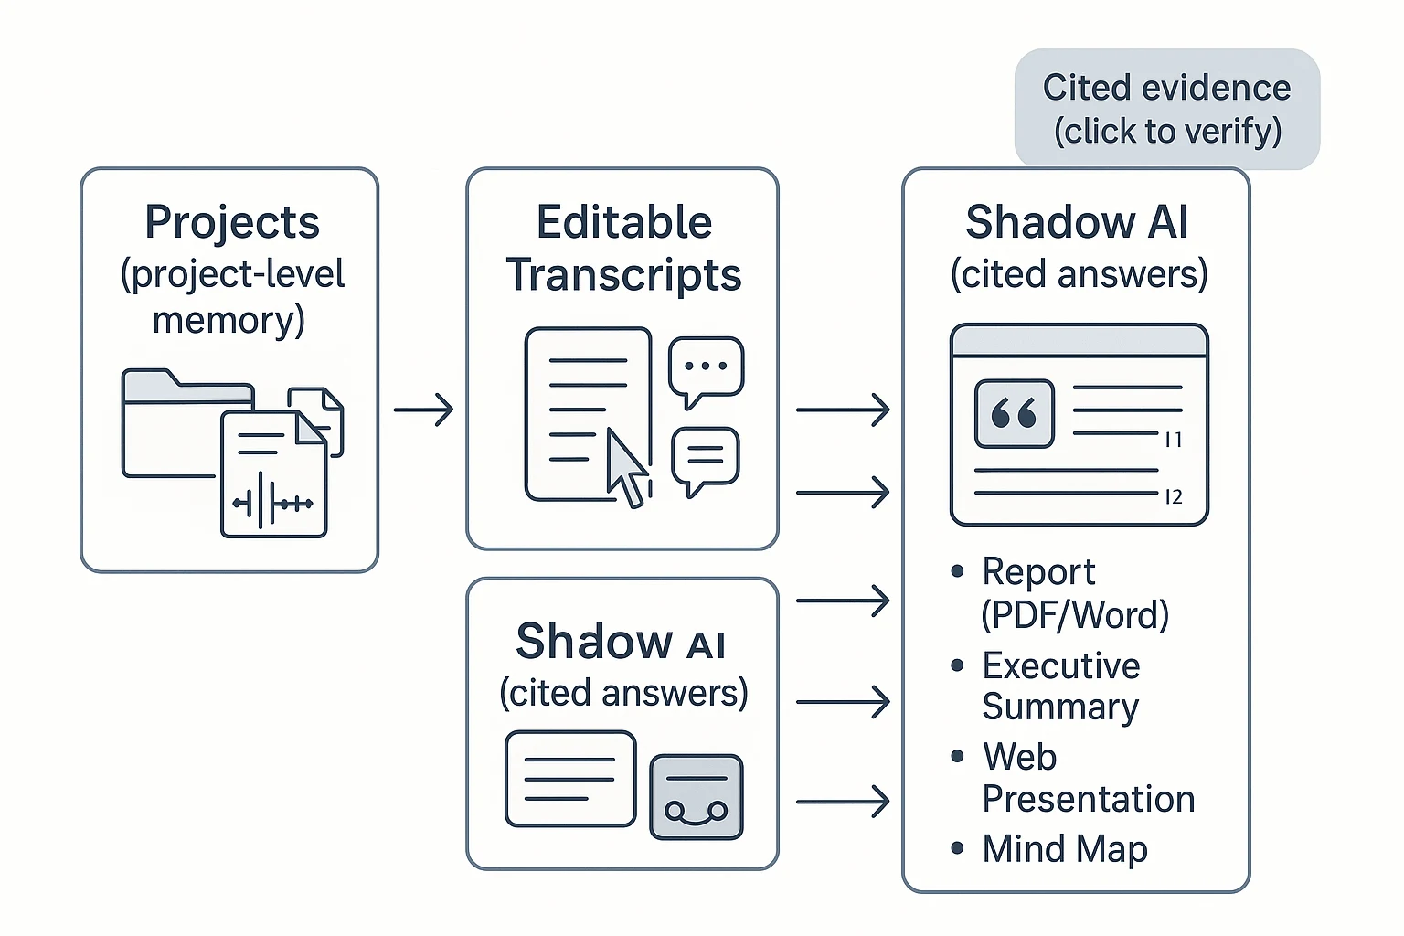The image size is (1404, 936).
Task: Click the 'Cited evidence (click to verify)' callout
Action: (x=1166, y=109)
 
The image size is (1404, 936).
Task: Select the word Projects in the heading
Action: (x=232, y=222)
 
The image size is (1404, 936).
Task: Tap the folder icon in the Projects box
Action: (x=174, y=425)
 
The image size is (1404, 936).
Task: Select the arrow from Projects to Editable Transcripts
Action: (x=423, y=409)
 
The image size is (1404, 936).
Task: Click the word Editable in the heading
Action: (x=623, y=222)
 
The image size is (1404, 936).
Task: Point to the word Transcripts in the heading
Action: (x=623, y=274)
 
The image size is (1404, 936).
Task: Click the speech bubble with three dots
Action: (x=706, y=369)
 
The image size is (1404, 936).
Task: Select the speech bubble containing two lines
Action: (x=705, y=457)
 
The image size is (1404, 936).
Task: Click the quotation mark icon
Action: (x=1014, y=414)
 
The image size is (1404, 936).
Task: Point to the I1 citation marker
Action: (x=1174, y=440)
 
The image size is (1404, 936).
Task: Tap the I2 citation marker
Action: (x=1174, y=496)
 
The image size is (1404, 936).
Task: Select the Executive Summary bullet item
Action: (x=1060, y=686)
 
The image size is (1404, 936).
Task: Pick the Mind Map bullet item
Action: (x=1064, y=848)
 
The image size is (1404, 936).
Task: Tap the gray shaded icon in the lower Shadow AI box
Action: (x=696, y=797)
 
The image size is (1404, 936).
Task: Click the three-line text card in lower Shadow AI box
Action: (x=570, y=779)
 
